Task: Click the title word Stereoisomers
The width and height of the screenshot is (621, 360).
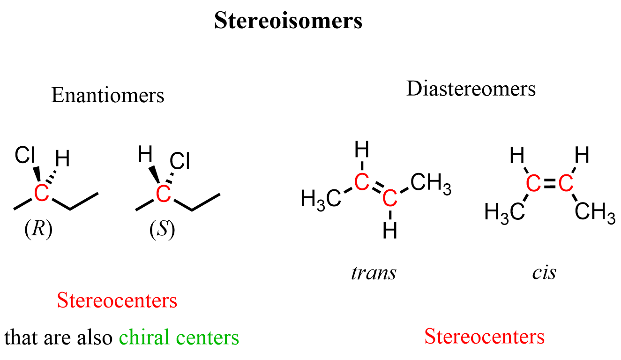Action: [288, 21]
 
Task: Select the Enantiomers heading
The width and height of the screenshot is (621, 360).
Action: [108, 95]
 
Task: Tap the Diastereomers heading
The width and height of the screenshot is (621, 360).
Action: [471, 89]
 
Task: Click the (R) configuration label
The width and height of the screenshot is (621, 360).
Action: [38, 231]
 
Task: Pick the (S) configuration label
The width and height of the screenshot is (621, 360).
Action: [162, 231]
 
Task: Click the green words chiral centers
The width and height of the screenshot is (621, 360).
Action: [179, 337]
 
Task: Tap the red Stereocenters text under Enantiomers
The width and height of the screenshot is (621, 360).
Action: [117, 300]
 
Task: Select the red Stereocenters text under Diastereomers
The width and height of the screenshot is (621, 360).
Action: [484, 336]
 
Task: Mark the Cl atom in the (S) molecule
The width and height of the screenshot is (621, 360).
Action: [180, 162]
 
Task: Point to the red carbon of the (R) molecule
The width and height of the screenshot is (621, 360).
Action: [41, 193]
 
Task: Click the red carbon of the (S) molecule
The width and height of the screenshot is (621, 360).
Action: [163, 193]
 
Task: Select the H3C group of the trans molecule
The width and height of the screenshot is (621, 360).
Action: [321, 198]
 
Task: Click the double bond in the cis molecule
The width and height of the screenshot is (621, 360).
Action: [548, 184]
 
